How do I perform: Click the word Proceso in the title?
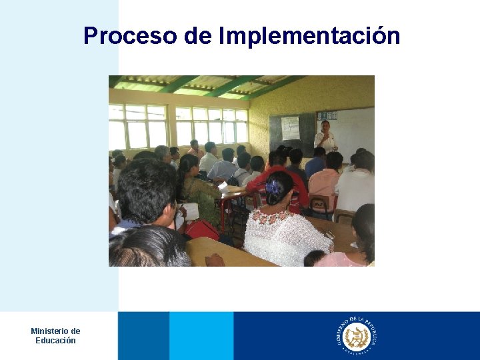click(130, 35)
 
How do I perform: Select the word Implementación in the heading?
click(309, 35)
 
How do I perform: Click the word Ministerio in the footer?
click(55, 331)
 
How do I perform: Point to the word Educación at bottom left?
click(55, 341)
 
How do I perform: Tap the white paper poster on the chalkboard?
click(290, 127)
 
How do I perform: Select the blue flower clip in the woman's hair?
click(274, 186)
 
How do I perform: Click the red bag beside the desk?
click(202, 230)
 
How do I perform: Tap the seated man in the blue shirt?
click(223, 167)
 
